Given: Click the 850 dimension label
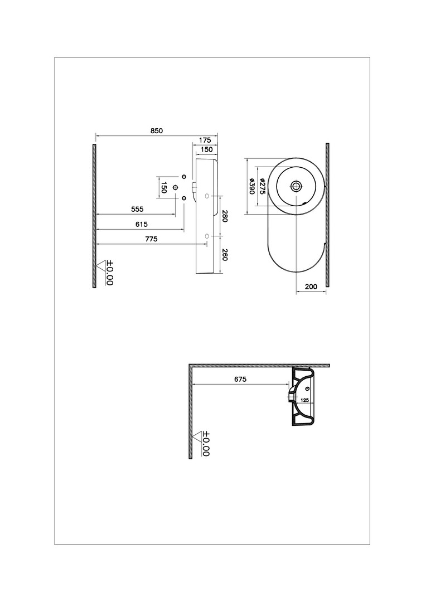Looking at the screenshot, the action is tap(156, 130).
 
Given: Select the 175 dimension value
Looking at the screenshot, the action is tap(205, 140).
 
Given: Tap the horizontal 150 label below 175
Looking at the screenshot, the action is tap(206, 149).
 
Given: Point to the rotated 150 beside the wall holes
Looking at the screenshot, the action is tap(163, 188).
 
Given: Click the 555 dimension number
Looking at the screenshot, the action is tap(137, 209).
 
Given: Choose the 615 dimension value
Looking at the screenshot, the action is tap(142, 224).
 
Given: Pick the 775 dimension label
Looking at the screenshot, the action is tap(151, 239).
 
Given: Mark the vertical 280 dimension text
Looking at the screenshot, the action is tap(225, 216).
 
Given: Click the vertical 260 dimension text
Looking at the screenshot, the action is tap(225, 255).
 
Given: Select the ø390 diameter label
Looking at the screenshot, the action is tap(252, 186).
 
